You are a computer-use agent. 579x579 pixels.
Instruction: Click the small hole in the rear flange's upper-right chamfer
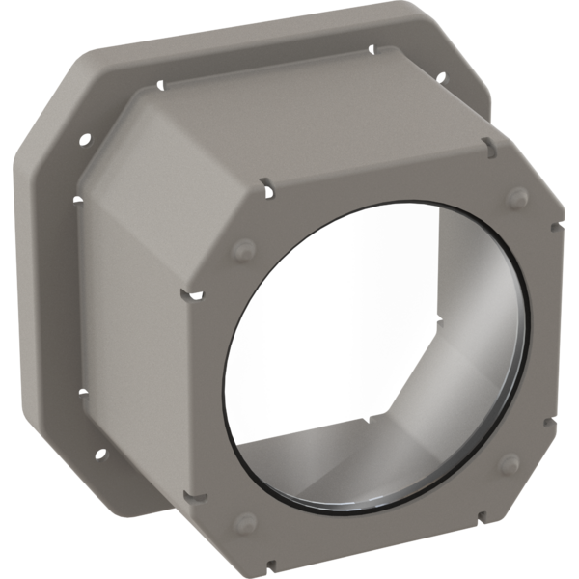[x=440, y=77]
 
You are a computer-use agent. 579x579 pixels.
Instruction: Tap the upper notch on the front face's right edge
[x=556, y=230]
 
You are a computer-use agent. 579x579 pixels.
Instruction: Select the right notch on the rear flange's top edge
[x=372, y=45]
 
